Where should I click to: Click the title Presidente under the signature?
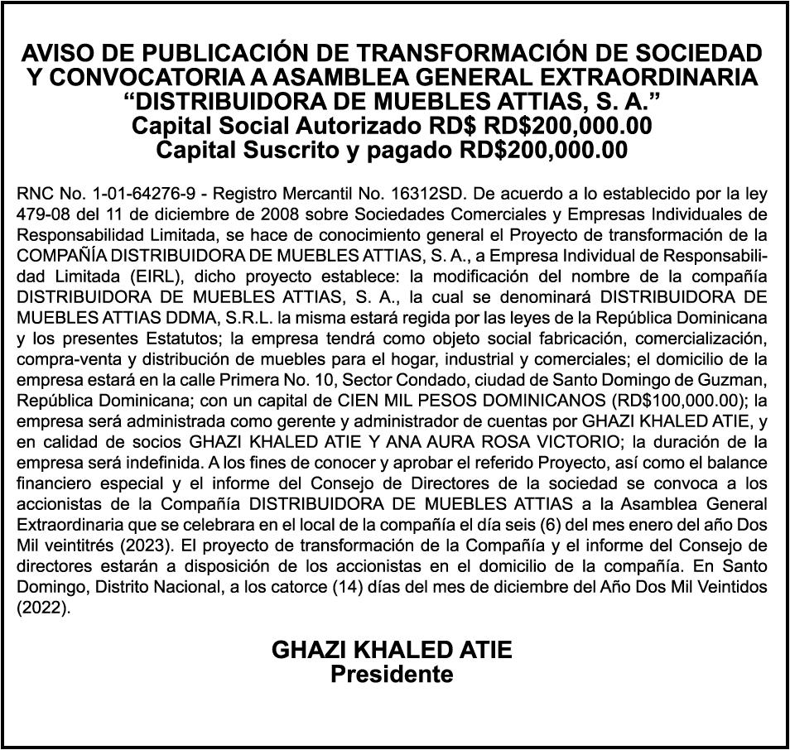coord(392,675)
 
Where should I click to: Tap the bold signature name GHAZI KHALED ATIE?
coord(392,651)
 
